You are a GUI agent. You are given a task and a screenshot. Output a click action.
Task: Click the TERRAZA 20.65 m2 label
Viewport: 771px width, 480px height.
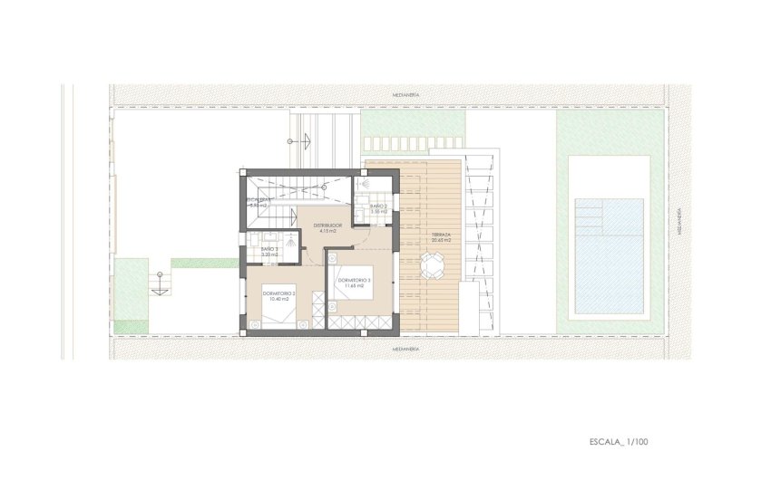(442, 236)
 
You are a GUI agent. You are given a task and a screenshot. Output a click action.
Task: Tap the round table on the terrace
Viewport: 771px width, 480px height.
(434, 266)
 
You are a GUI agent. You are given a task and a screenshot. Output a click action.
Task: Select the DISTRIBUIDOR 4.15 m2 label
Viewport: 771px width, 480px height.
(327, 228)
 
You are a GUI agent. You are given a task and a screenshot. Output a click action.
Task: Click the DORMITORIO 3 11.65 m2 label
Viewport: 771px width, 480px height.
(354, 283)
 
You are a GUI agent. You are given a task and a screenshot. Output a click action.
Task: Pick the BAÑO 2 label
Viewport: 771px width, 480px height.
(378, 209)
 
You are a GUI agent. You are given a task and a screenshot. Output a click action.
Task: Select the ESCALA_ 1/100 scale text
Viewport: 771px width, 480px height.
(619, 443)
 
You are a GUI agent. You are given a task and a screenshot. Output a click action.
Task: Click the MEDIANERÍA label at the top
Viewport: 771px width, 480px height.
(405, 94)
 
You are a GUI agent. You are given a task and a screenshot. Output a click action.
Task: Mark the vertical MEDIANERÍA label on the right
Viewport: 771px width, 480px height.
(678, 222)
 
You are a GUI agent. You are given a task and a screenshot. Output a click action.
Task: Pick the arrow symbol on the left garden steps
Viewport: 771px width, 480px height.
(158, 283)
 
